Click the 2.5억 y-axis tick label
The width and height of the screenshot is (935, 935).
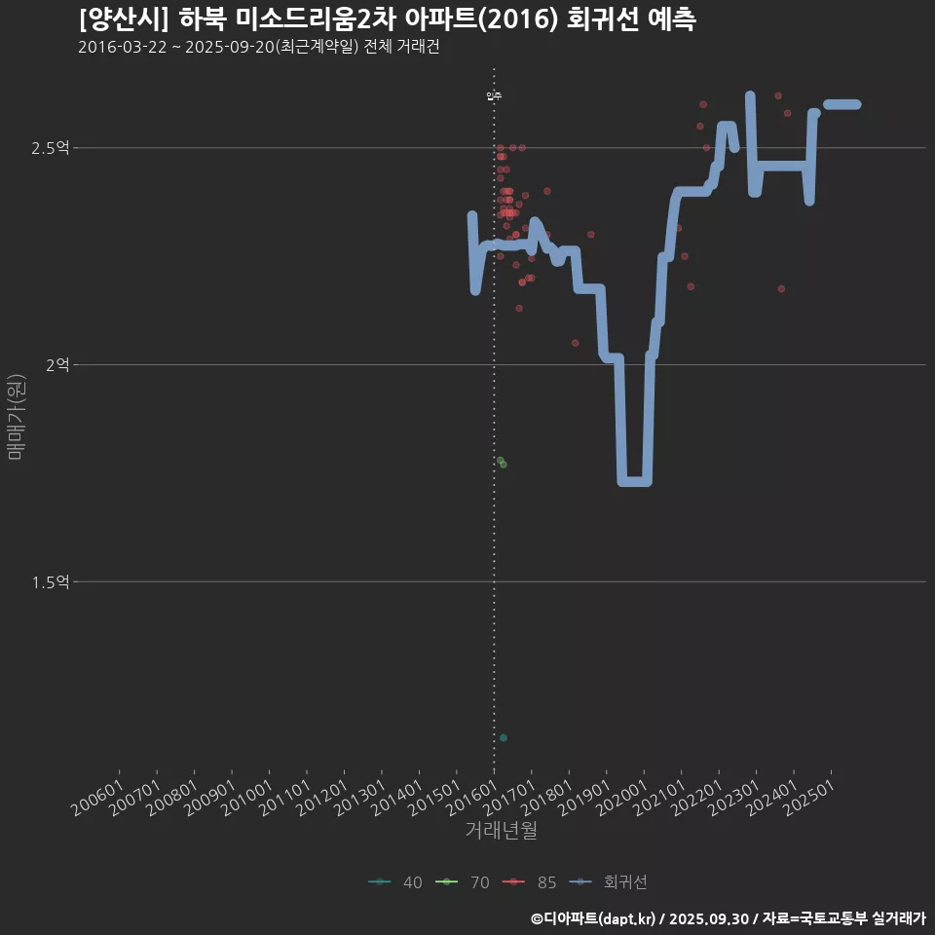click(x=50, y=148)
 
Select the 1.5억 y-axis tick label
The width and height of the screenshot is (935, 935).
click(x=50, y=582)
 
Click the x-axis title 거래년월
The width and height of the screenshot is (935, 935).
click(x=501, y=831)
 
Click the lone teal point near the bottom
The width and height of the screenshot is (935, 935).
click(x=503, y=737)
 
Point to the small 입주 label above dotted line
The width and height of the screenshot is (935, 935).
click(x=494, y=96)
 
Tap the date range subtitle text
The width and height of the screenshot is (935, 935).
click(x=258, y=48)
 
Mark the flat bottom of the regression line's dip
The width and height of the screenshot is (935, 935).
click(x=634, y=481)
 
